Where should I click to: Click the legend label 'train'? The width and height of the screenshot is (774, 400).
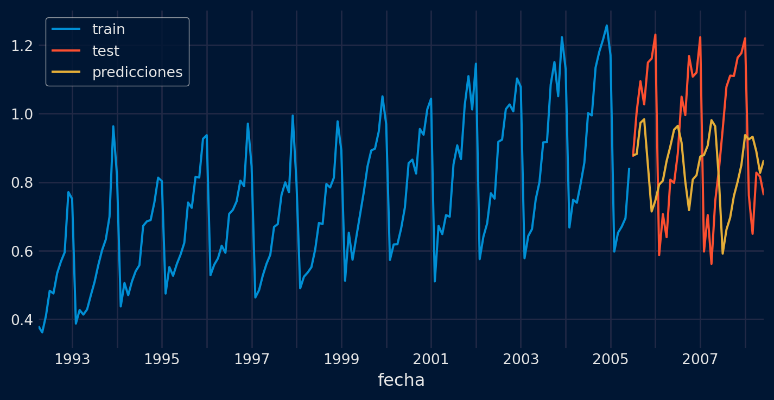tap(109, 29)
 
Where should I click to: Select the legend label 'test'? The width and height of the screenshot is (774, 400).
tap(106, 51)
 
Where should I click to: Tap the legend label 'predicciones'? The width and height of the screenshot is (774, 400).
tap(137, 72)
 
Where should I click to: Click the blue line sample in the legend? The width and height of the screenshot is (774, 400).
tap(66, 29)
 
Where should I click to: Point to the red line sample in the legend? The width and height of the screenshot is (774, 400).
tap(66, 51)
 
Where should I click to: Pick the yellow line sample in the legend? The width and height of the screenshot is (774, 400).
tap(66, 72)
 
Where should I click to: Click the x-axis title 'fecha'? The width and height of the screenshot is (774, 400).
tap(401, 380)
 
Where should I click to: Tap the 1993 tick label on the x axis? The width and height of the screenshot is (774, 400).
tap(72, 359)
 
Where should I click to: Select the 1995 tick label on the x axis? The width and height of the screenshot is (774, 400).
tap(162, 359)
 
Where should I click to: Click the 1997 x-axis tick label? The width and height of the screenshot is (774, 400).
tap(252, 359)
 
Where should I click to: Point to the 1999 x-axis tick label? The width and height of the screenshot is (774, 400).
tap(341, 359)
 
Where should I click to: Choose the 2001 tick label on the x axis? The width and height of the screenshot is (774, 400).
tap(431, 359)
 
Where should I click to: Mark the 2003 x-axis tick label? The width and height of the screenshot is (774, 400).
tap(521, 359)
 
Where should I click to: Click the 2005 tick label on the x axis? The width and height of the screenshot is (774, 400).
tap(611, 359)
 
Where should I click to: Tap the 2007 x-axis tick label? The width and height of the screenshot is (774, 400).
tap(700, 359)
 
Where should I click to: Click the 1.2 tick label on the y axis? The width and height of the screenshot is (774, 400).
tap(22, 46)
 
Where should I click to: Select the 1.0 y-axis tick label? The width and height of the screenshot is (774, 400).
tap(22, 114)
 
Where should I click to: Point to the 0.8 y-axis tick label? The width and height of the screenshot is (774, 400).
tap(22, 183)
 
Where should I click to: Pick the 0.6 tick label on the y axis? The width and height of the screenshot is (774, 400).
tap(22, 251)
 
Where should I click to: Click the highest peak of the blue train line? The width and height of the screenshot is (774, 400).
tap(606, 26)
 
